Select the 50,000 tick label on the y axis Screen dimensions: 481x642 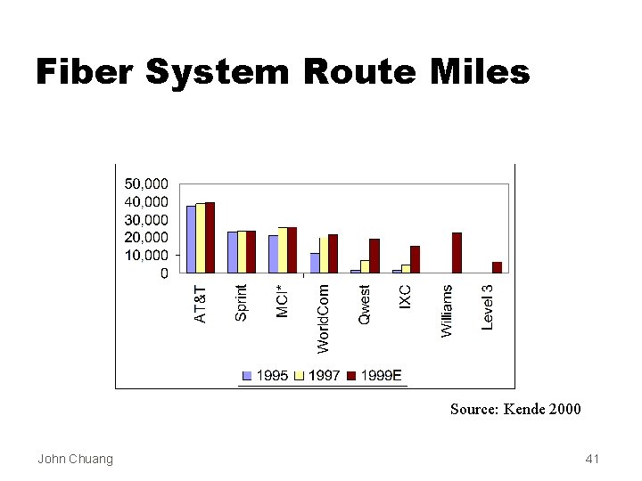146,183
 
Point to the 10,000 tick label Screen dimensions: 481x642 146,256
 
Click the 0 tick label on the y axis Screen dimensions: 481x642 164,273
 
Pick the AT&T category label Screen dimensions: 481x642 201,304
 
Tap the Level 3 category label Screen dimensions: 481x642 488,307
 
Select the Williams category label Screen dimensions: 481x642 447,310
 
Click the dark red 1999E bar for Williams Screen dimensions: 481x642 457,253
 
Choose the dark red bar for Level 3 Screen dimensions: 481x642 497,267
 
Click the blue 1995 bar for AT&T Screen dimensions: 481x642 191,239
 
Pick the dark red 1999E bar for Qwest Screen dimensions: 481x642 374,256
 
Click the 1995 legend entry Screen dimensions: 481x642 266,376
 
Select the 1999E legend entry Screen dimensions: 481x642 374,376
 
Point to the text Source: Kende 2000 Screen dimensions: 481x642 515,409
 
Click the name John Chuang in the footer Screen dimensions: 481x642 76,459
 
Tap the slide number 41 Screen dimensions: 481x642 593,459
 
